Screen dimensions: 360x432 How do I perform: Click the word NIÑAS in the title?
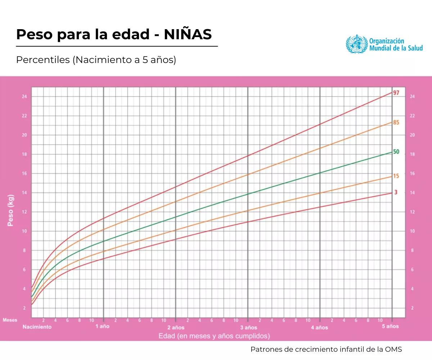(188, 35)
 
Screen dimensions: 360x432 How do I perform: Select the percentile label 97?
(396, 93)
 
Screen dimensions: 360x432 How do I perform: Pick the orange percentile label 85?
(396, 122)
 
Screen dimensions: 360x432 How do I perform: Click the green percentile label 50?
(396, 152)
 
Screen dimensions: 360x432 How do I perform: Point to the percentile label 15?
(396, 176)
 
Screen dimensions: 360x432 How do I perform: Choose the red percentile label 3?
(396, 192)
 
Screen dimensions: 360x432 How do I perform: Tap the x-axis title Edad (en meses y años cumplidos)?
(214, 336)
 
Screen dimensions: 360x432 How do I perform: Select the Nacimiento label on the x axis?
(37, 327)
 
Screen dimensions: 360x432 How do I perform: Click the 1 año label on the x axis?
(102, 327)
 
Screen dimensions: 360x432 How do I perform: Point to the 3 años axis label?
(248, 327)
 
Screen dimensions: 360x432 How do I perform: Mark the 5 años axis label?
(391, 327)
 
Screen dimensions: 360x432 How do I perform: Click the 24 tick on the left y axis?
(24, 97)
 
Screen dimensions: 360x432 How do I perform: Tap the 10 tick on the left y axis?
(24, 231)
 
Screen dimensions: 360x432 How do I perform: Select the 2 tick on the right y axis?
(412, 308)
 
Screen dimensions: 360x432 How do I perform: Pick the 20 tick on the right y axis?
(412, 135)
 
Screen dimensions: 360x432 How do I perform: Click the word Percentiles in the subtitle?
(43, 60)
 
